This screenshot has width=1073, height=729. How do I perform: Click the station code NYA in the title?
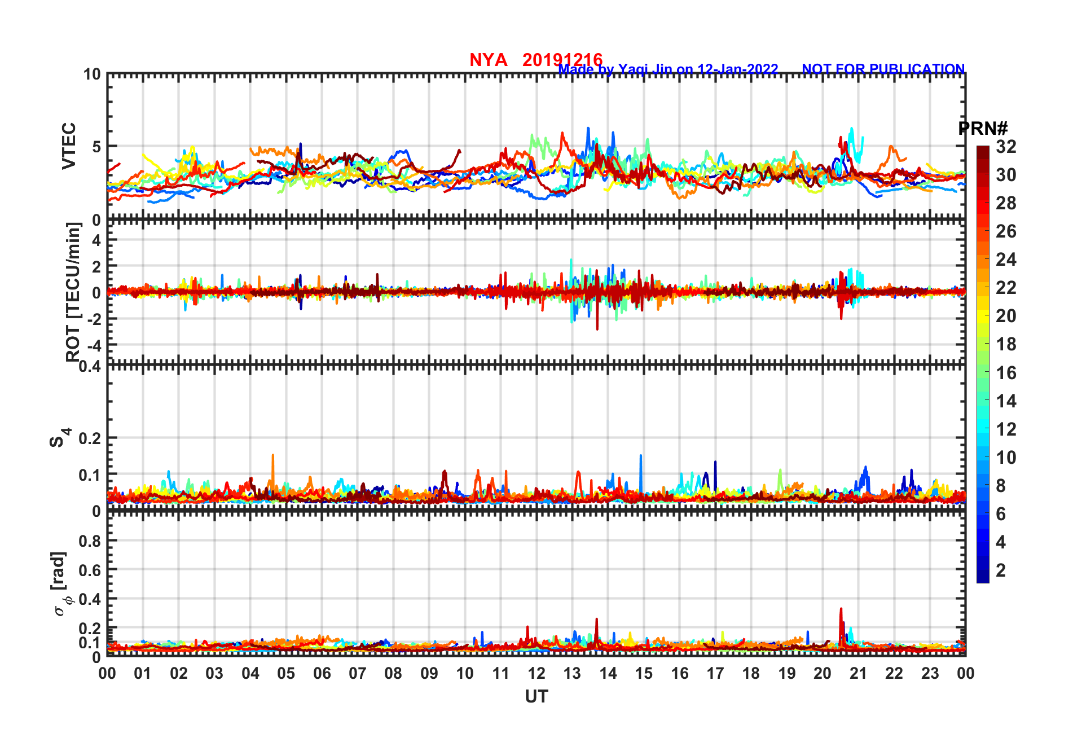tap(488, 60)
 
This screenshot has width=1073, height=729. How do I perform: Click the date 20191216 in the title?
tap(562, 60)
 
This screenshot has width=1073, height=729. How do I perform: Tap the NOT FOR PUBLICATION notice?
tap(883, 69)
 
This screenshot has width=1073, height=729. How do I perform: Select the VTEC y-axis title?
tap(69, 146)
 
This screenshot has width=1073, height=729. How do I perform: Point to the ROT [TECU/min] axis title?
tap(73, 292)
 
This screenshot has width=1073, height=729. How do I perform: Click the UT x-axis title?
tap(536, 697)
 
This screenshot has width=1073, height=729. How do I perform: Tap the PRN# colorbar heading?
tap(983, 129)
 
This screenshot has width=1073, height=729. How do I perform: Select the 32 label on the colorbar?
tap(1006, 147)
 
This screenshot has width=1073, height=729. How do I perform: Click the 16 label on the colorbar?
tap(1006, 373)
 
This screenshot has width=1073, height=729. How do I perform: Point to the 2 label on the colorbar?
tap(1001, 570)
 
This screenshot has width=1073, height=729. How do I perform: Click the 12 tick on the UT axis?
tap(536, 674)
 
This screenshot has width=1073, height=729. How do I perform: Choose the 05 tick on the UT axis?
tap(286, 674)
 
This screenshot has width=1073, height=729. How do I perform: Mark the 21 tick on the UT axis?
tap(858, 674)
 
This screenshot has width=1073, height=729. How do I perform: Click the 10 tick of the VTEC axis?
tap(92, 74)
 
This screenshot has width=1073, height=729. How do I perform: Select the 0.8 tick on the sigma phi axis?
tap(90, 541)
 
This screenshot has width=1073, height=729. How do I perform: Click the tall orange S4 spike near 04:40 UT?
tap(273, 456)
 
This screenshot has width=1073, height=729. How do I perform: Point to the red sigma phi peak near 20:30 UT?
tap(841, 609)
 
